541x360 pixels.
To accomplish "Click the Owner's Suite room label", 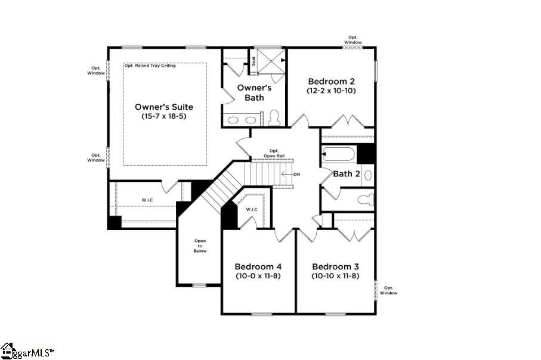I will click(x=163, y=107).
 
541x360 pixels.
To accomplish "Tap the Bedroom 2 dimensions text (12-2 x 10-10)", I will click(x=331, y=91).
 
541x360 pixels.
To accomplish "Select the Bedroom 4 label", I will click(x=258, y=266).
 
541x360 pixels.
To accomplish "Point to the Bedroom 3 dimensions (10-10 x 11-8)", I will click(x=335, y=276).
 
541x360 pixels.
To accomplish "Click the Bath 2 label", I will click(x=346, y=174).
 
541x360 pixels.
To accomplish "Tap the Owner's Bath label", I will click(x=254, y=92).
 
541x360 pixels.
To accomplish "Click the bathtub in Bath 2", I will click(x=339, y=155).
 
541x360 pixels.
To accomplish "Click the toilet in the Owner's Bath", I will click(x=274, y=117).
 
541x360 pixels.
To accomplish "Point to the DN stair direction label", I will click(x=296, y=175).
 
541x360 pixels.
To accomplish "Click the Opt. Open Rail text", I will click(x=274, y=153).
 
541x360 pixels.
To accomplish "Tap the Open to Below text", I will click(x=199, y=246).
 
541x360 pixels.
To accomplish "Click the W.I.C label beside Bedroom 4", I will click(x=251, y=209).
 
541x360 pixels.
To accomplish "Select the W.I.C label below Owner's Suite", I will click(x=147, y=200).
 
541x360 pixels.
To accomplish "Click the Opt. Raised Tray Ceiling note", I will click(x=150, y=66).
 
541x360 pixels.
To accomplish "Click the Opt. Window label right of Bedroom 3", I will click(x=388, y=290).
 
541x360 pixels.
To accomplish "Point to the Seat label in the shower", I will click(x=253, y=61).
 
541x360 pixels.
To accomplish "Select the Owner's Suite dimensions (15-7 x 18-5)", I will click(x=163, y=117).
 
